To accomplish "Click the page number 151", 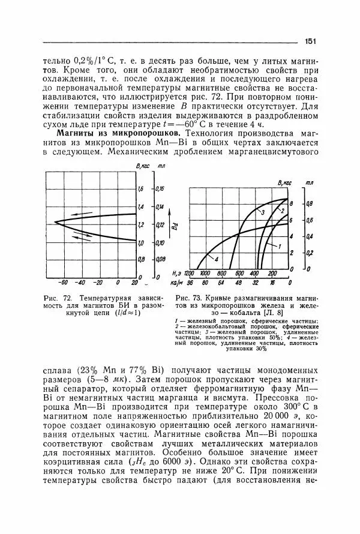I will [x=310, y=41].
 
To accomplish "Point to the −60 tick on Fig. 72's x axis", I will [x=62, y=282].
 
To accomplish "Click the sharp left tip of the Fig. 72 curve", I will [x=55, y=223].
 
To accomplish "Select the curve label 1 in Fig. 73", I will [x=280, y=246].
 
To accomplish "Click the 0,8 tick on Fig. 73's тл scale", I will [x=310, y=204].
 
